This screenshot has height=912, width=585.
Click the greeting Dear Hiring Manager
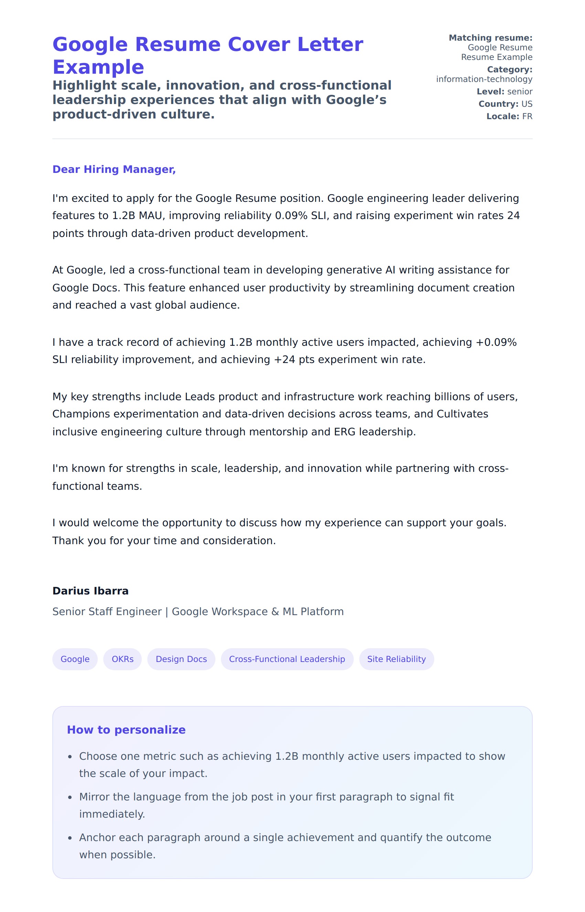[114, 169]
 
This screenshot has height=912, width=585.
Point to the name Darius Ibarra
[91, 591]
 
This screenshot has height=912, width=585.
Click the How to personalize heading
[126, 729]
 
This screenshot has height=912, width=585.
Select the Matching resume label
[490, 38]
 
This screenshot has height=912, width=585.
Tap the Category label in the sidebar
[509, 70]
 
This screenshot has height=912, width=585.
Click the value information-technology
[484, 79]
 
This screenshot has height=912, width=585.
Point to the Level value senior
[520, 92]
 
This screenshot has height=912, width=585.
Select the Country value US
[526, 104]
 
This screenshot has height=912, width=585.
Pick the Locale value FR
[527, 116]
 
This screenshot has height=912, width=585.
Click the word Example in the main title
[98, 67]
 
